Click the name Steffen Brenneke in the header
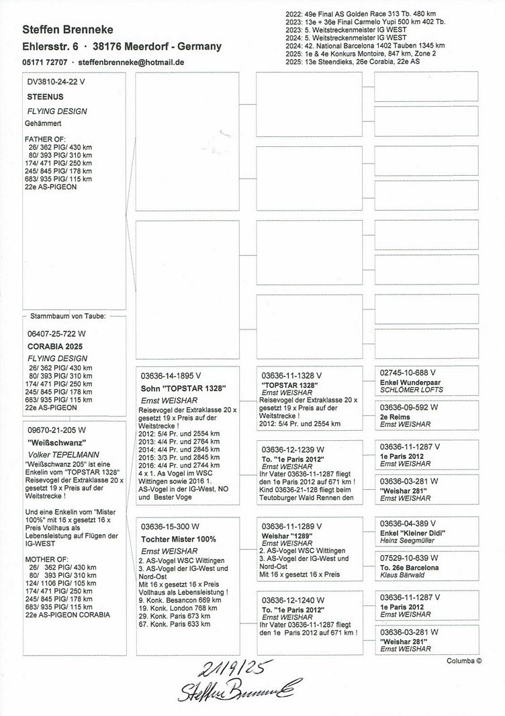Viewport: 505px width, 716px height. [x=67, y=30]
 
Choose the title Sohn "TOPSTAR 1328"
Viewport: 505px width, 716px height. [x=178, y=389]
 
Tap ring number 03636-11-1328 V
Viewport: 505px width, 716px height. [x=291, y=374]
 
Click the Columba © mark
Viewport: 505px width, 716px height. [x=464, y=660]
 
